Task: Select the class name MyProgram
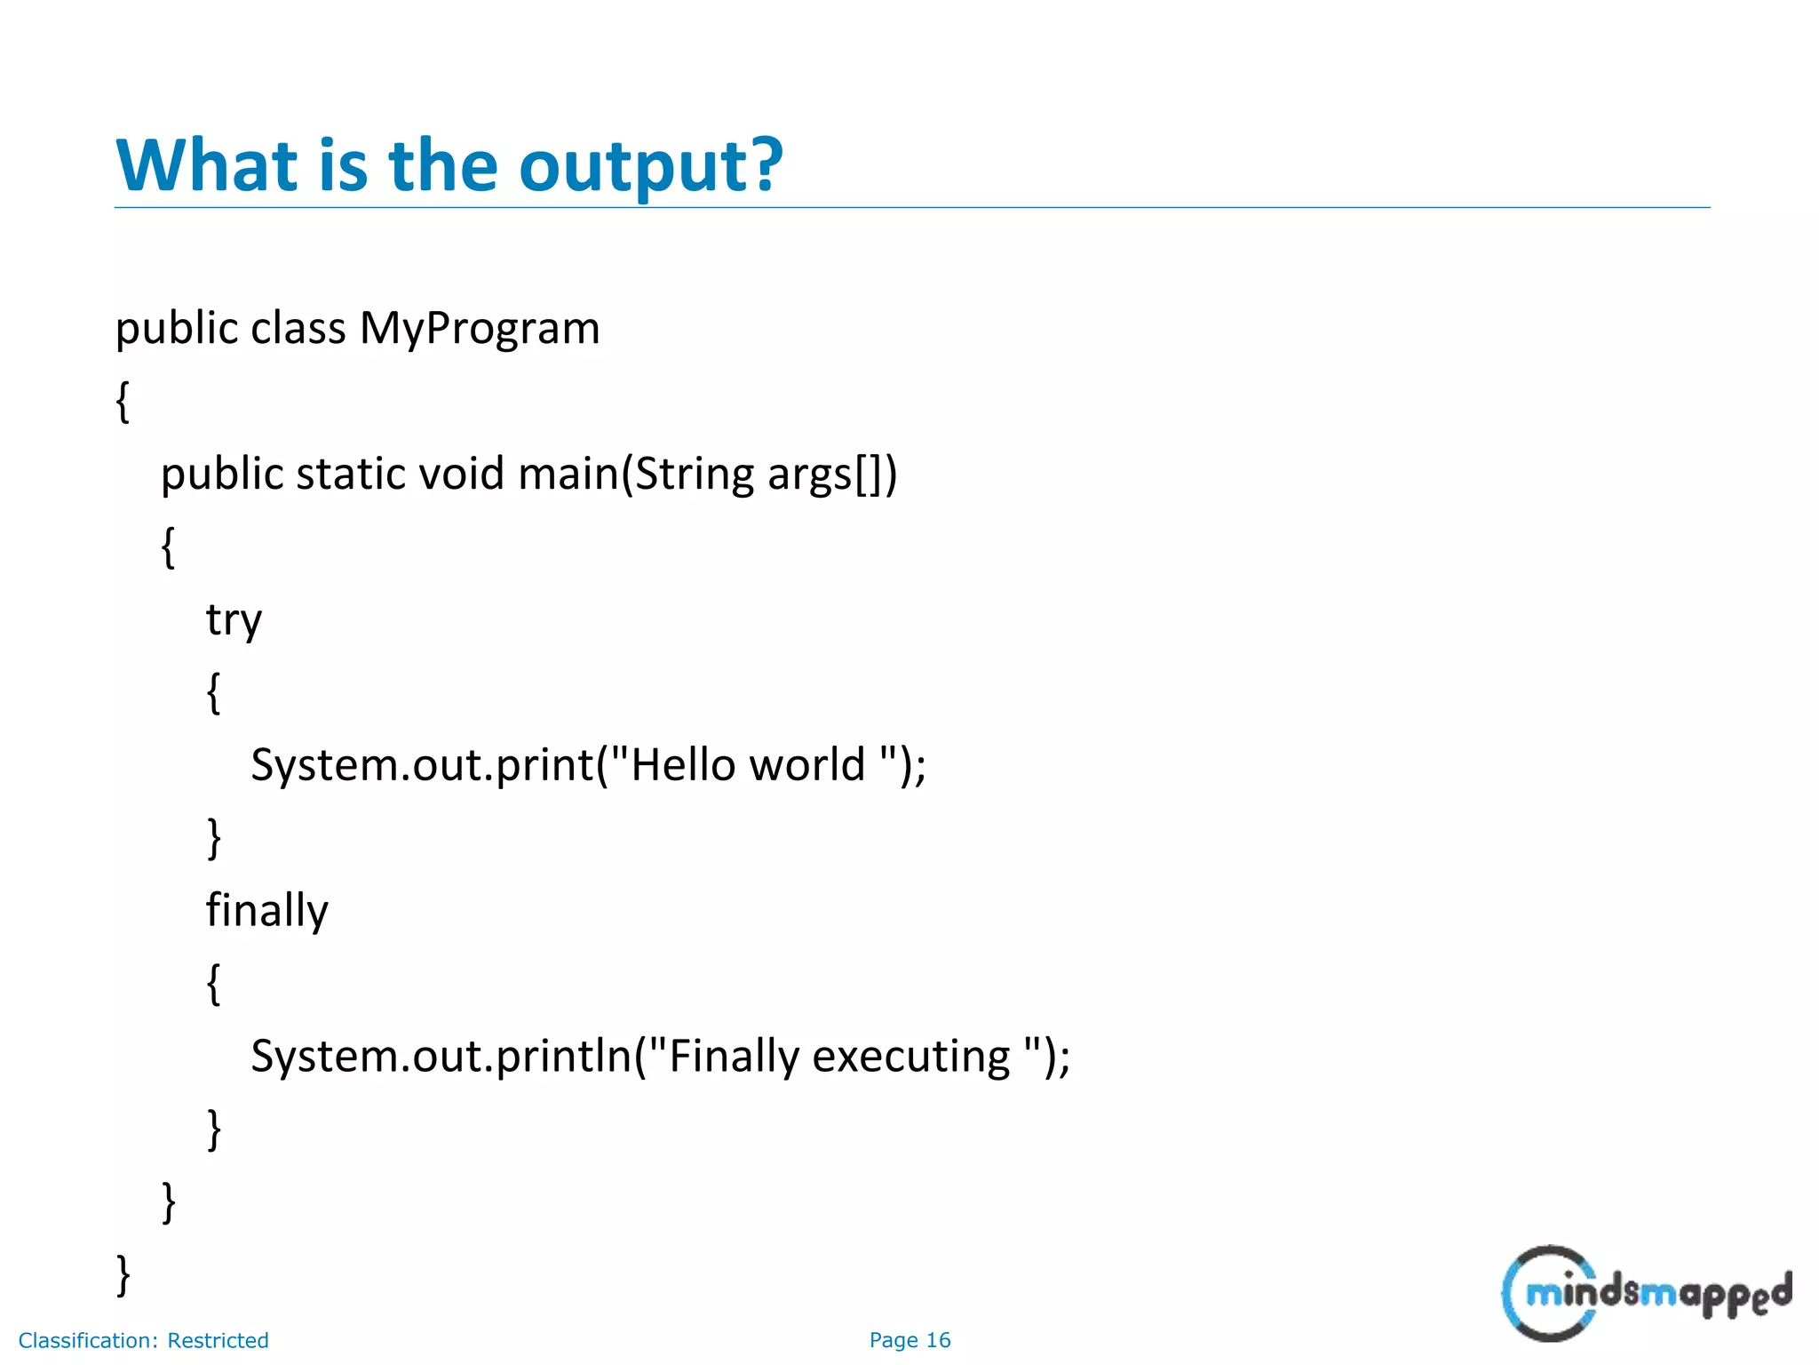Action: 480,329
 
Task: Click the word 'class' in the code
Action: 298,329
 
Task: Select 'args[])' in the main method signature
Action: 832,475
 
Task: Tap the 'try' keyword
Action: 234,620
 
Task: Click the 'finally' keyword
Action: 267,911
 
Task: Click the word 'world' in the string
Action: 806,765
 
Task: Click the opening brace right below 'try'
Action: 213,693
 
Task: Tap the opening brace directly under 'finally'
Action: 213,984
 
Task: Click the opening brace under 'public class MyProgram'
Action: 123,402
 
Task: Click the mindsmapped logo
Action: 1645,1293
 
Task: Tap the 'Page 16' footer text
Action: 909,1340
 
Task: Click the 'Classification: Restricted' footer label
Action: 143,1340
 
